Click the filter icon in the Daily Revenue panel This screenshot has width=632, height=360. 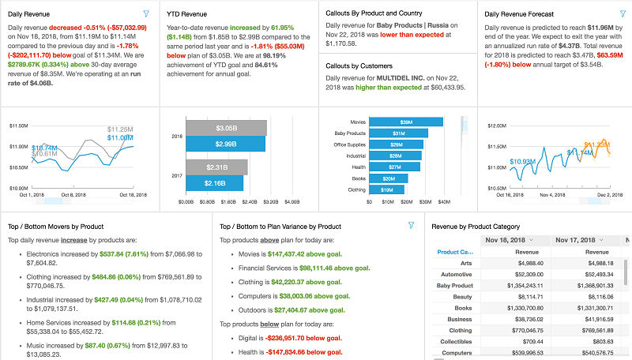pos(146,14)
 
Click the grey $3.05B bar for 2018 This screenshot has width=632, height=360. pos(225,128)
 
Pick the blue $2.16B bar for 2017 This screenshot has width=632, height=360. pos(215,182)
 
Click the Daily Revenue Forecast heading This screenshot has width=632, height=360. pos(519,14)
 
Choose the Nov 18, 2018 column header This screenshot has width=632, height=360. pos(509,240)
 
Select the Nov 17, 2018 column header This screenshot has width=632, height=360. pos(580,240)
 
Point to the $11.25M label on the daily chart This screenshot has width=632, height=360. pos(119,129)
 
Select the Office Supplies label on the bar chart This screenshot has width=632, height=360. pos(349,144)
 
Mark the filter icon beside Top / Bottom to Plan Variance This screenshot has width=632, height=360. pos(411,226)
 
